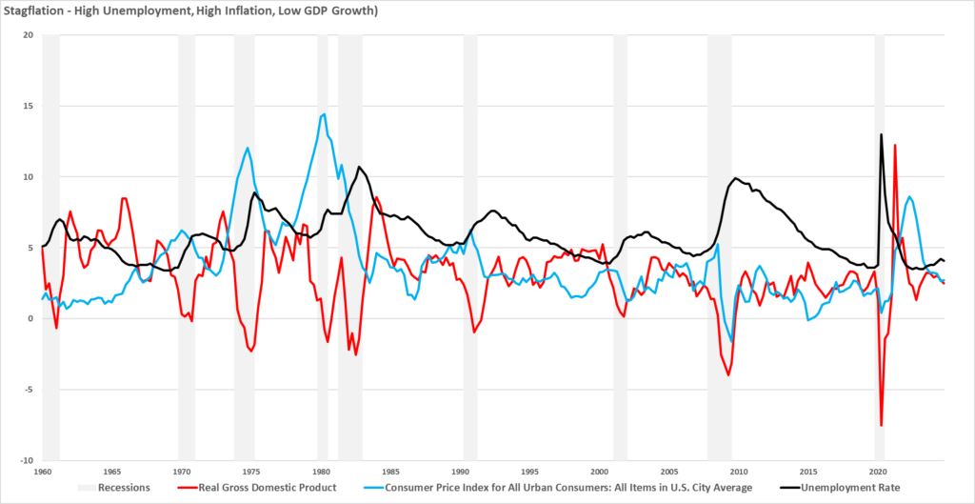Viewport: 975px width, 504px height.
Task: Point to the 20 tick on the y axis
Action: point(28,35)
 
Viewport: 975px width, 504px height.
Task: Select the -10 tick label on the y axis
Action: point(26,460)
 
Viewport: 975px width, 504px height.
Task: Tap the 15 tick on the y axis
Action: point(28,106)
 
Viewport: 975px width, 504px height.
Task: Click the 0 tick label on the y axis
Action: point(30,318)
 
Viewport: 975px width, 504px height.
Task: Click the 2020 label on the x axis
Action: point(878,472)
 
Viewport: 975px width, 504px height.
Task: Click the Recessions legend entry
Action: point(116,488)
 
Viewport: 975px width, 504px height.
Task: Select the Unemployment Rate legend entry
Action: point(857,488)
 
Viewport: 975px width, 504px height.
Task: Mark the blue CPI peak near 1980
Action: point(324,114)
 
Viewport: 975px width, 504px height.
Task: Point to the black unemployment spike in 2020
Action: point(882,134)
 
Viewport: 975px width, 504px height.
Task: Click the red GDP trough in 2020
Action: point(882,425)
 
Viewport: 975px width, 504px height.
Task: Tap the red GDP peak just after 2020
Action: point(895,145)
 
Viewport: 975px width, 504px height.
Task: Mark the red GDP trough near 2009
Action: point(729,374)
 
